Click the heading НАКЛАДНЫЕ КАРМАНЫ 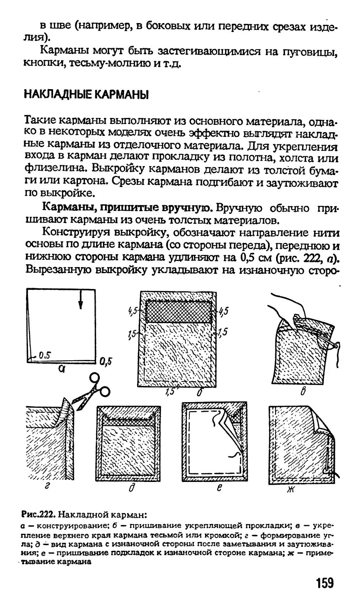[86, 94]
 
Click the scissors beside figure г [91, 390]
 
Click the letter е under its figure [219, 489]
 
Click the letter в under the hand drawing [303, 392]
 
